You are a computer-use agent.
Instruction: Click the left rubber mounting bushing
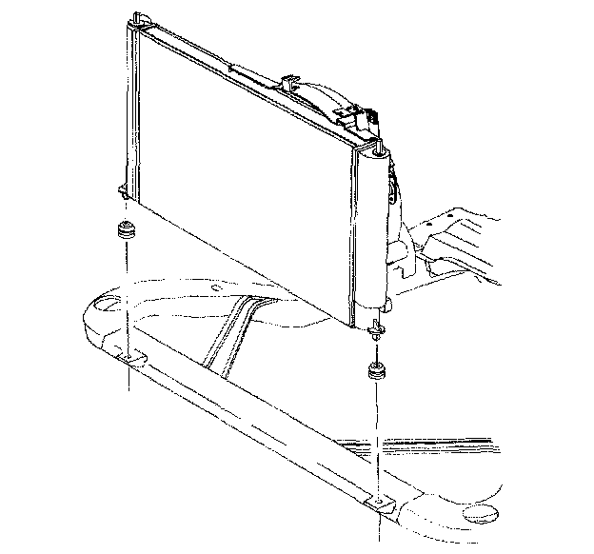tap(124, 232)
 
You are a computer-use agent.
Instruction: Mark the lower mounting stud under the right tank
tap(379, 329)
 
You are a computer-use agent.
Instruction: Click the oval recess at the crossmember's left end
tap(105, 306)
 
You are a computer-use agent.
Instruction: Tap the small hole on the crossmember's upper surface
tap(221, 285)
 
